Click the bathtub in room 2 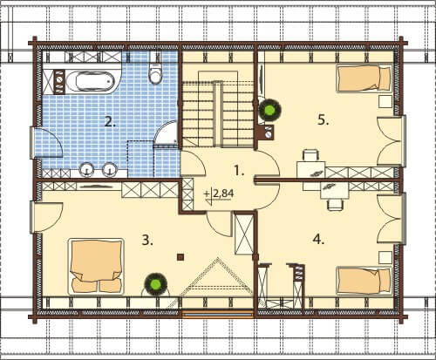90,81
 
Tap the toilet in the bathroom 154,71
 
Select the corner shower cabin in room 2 166,132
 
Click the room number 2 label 110,122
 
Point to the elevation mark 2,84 219,194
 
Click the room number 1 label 239,171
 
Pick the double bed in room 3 96,267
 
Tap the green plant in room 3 156,284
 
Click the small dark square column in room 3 181,257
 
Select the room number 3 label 147,241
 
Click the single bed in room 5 364,78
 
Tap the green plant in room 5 270,110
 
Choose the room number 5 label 323,119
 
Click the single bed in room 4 364,281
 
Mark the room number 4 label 318,240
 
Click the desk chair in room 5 310,155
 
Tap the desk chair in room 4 335,204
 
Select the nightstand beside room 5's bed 385,102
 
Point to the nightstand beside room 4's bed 385,257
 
